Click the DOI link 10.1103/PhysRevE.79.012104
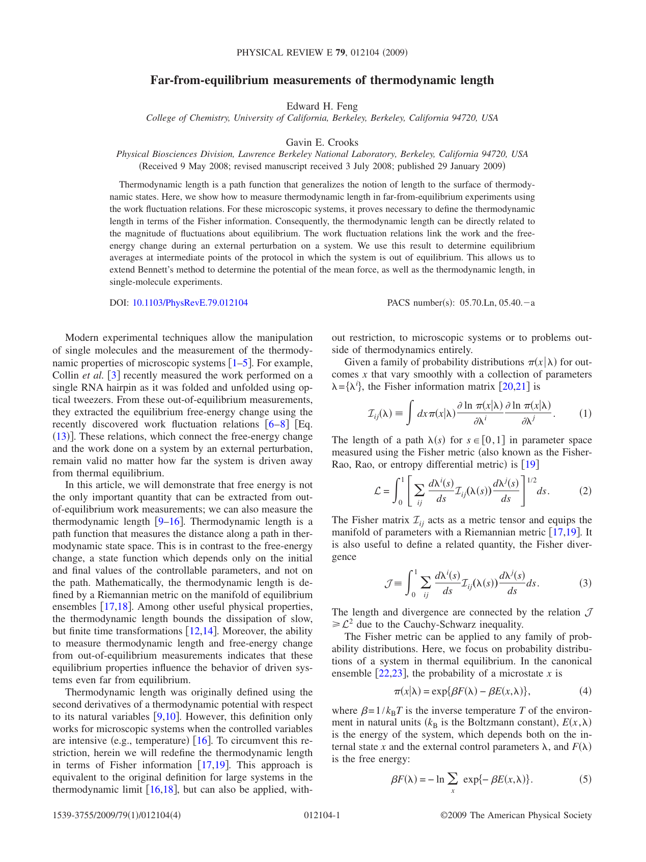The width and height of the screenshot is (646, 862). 190,303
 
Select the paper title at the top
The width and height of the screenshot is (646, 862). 322,80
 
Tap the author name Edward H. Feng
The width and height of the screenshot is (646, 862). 322,106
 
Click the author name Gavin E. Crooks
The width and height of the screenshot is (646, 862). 322,142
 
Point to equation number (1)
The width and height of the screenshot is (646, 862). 585,413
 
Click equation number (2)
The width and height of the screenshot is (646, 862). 585,491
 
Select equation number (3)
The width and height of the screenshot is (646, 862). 585,583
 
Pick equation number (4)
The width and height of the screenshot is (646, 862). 585,691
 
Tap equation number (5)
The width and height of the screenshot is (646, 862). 585,778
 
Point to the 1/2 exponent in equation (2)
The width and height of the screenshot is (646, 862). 531,480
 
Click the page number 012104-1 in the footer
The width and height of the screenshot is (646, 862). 322,815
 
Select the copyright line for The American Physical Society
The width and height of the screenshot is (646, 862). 516,815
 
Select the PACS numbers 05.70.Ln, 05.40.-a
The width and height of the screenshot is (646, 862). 497,303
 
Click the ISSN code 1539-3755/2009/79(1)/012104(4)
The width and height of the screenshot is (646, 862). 117,815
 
